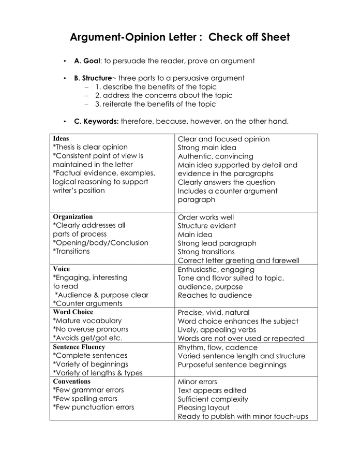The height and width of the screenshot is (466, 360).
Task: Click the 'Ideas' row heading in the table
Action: pos(61,139)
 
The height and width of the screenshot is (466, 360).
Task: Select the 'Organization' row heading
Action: pos(73,217)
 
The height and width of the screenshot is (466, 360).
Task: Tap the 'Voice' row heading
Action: pos(61,269)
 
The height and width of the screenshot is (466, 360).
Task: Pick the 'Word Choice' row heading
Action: pos(73,312)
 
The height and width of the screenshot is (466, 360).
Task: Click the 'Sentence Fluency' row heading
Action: pos(79,347)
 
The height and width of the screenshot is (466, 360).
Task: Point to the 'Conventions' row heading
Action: pos(72,382)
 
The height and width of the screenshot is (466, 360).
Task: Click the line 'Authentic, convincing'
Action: pos(216,156)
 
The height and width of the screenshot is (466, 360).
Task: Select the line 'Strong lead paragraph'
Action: pos(217,243)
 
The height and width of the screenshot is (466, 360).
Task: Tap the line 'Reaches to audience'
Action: pos(215,295)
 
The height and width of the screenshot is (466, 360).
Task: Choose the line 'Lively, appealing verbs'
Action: pos(217,330)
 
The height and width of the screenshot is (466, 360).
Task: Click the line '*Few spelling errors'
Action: pos(85,399)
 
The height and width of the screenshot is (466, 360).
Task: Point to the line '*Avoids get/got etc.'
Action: pos(87,338)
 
